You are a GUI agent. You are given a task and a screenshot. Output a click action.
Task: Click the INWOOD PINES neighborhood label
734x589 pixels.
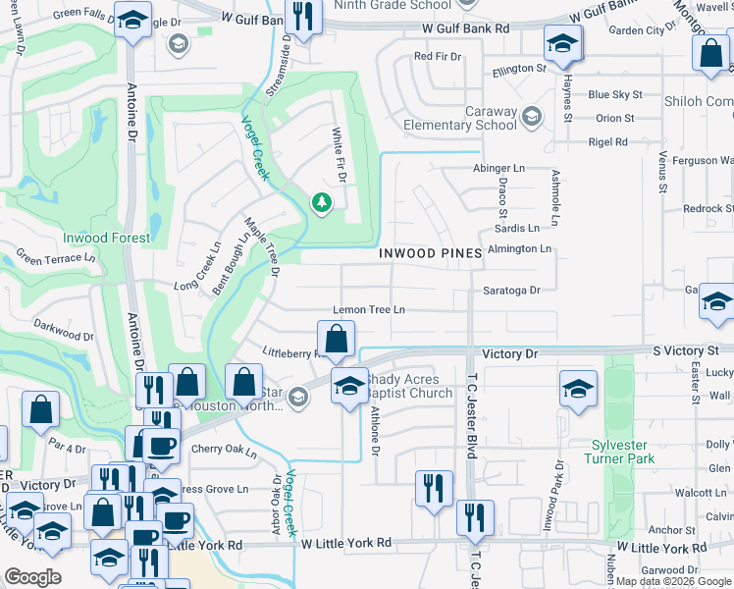point(430,253)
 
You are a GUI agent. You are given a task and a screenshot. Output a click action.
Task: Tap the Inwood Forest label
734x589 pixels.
point(107,238)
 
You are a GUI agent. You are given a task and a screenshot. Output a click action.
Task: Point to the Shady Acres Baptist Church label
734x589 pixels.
point(409,393)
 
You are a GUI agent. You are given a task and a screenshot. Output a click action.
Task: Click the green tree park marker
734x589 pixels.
point(321,203)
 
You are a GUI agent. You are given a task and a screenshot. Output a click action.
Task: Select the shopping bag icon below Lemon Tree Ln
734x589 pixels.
point(336,340)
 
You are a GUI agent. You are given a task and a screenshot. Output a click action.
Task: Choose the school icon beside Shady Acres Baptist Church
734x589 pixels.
point(347,386)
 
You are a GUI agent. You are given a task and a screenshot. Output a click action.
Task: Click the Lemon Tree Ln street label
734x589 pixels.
point(369,309)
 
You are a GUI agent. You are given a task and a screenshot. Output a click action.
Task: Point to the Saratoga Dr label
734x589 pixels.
point(511,291)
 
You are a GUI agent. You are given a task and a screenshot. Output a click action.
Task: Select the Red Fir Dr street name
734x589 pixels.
point(437,56)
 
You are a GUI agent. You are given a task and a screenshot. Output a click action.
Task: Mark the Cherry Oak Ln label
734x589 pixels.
point(224,453)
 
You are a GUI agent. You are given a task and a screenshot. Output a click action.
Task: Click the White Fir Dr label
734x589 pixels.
point(340,156)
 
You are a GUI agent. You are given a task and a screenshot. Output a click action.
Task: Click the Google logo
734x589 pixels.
point(32,577)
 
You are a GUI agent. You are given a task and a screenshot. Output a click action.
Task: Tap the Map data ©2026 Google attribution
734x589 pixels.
point(672,581)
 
